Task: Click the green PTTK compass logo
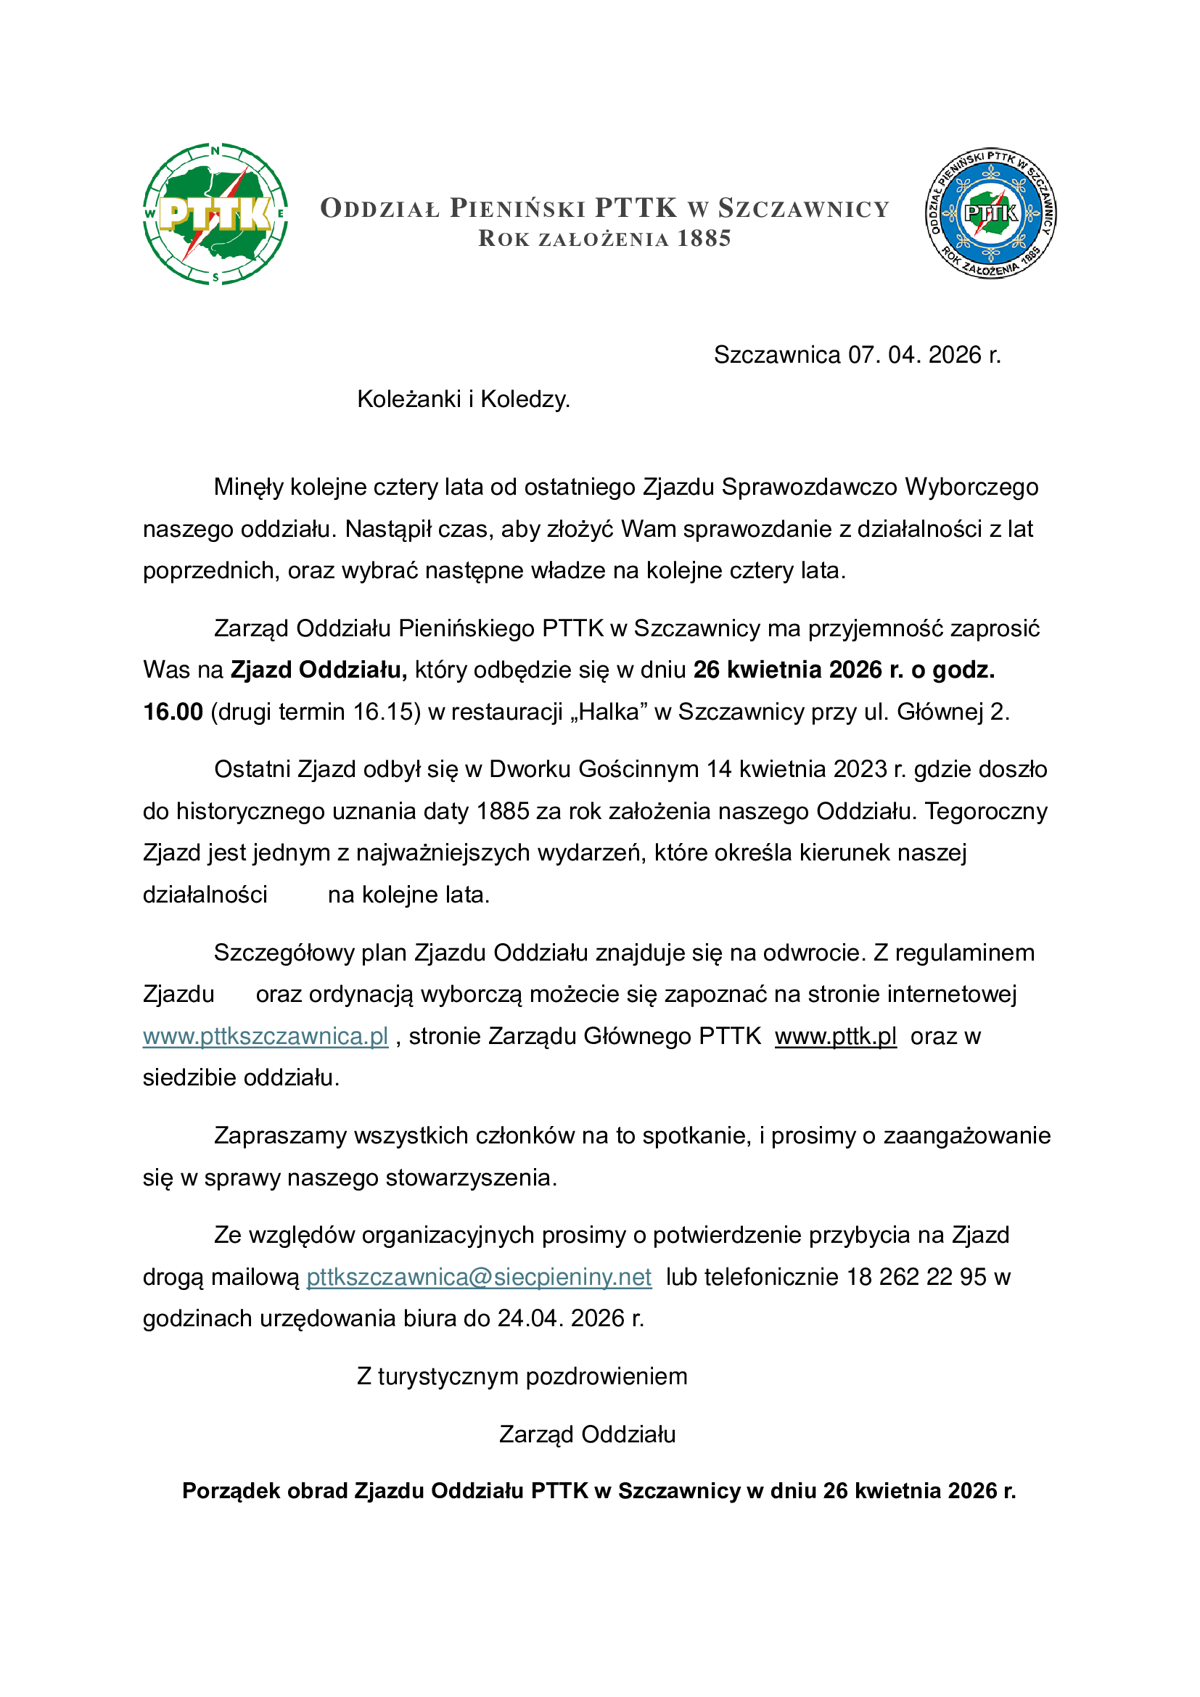point(215,213)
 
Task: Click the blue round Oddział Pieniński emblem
point(991,213)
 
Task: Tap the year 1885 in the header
point(704,239)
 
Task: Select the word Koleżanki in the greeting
point(408,399)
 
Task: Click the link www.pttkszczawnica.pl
point(266,1036)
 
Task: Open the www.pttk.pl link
point(836,1036)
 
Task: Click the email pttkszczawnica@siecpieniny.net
point(479,1277)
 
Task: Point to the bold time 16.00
point(173,712)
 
